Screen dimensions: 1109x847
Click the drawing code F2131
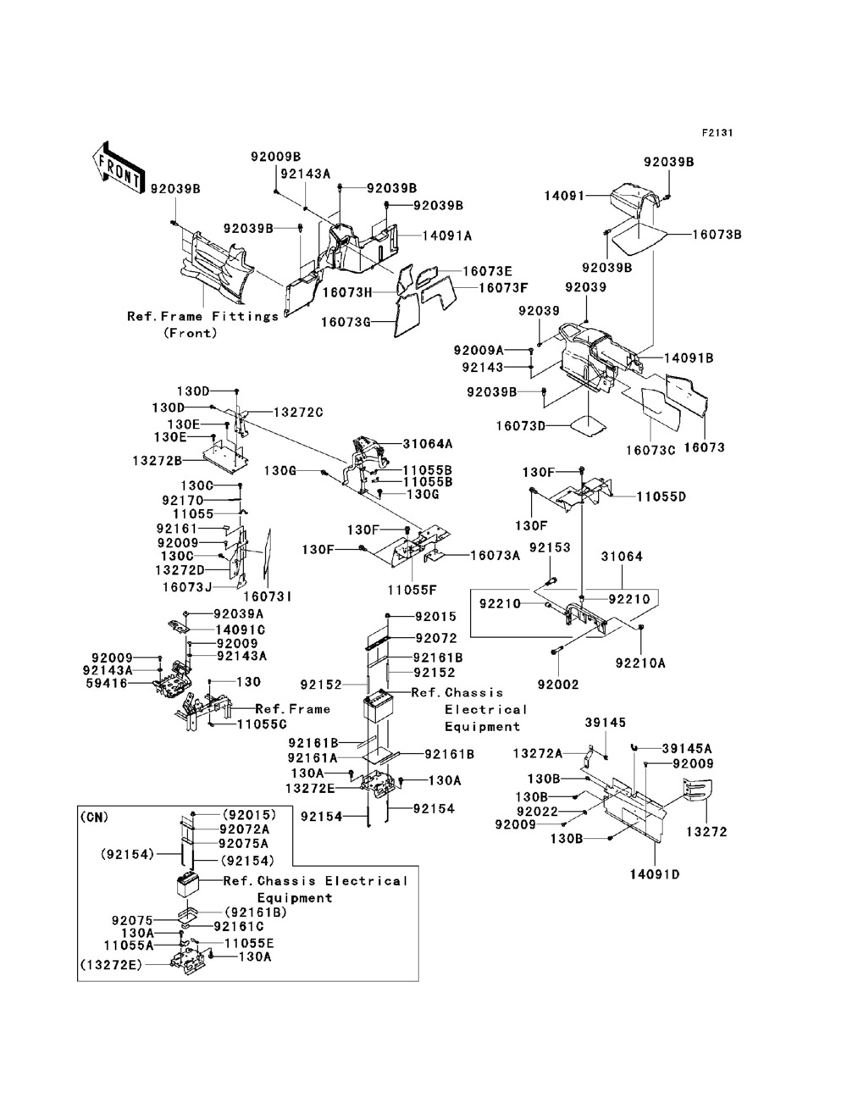pyautogui.click(x=717, y=133)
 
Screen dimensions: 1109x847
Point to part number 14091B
pyautogui.click(x=688, y=358)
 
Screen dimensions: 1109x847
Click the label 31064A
pyautogui.click(x=428, y=443)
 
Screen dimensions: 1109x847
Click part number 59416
pyautogui.click(x=111, y=683)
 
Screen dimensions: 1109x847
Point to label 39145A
pyautogui.click(x=687, y=748)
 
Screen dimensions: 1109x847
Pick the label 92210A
pyautogui.click(x=640, y=663)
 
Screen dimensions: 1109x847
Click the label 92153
pyautogui.click(x=550, y=549)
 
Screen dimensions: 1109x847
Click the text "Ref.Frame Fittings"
pyautogui.click(x=202, y=316)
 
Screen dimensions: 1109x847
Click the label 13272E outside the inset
pyautogui.click(x=309, y=787)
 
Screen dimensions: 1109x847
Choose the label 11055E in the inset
pyautogui.click(x=249, y=943)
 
